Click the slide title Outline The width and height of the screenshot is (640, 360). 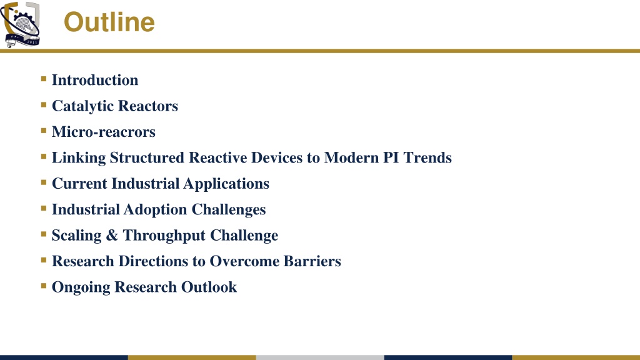point(109,22)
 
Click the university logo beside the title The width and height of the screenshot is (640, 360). point(21,24)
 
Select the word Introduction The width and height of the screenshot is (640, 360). point(95,80)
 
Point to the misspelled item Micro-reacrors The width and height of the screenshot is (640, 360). point(104,132)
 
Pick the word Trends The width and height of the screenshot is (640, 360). point(427,157)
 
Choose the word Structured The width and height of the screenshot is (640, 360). point(147,157)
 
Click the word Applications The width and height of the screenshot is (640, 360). point(226,184)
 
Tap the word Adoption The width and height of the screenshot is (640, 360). point(155,209)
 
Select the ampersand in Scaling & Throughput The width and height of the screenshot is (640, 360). point(112,236)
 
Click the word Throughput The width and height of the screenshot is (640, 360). point(164,236)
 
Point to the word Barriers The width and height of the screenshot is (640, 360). point(312,261)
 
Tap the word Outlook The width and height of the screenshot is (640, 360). point(209,287)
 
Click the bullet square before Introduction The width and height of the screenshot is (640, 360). point(44,79)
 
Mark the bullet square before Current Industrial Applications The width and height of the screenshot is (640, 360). point(44,182)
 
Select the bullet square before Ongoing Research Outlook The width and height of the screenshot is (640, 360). point(44,286)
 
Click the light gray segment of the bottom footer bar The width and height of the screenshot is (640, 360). point(320,357)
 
